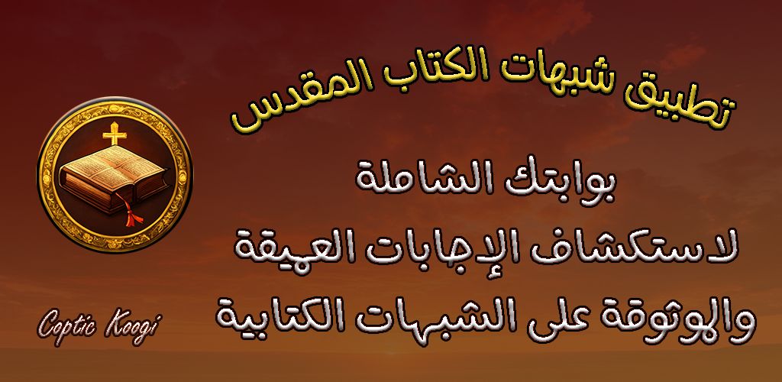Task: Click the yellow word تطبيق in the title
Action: [x=683, y=102]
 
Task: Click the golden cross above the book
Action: [x=114, y=133]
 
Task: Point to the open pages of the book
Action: [x=111, y=164]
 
